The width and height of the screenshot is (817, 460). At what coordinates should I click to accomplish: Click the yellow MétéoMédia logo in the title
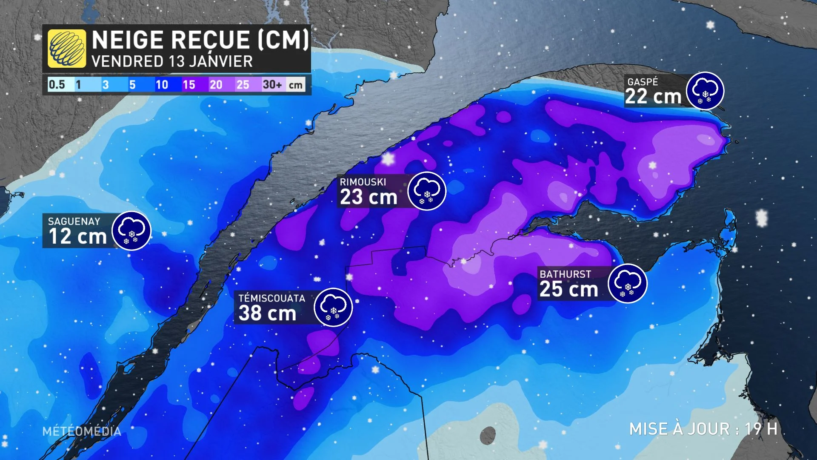pos(67,49)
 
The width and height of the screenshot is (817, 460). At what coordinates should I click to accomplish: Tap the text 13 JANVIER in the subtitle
pos(211,62)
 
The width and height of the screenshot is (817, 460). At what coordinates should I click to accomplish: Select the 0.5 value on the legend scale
pos(57,84)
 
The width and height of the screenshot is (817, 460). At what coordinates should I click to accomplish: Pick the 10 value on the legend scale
pos(162,84)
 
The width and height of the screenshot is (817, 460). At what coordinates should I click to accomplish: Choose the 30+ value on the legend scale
pos(272,84)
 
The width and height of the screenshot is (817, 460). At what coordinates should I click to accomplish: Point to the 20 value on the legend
pos(216,84)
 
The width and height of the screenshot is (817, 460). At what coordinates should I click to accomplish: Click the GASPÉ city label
pos(643,82)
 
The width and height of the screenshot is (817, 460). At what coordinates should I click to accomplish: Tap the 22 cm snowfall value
pos(653,97)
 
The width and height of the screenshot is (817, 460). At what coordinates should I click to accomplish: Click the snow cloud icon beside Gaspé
pos(705,91)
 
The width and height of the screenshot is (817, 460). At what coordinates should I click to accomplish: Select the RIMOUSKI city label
pos(363,182)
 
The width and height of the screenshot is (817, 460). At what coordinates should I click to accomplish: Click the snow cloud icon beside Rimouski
pos(427,191)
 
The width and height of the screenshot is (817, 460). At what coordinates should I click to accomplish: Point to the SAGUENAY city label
pos(74,221)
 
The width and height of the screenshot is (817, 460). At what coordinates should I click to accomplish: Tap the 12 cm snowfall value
pos(78,237)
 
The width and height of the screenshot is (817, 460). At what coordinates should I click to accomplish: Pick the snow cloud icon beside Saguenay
pos(131,230)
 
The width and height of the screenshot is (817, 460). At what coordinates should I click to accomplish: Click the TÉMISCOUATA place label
pos(272,298)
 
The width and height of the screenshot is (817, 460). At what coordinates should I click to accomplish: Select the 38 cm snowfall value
pos(267,313)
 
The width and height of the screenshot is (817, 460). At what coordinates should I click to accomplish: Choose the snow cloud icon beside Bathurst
pos(628,284)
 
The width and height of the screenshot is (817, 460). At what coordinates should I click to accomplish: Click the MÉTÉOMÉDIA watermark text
pos(82,431)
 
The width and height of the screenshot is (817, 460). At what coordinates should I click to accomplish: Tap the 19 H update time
pos(761,429)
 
